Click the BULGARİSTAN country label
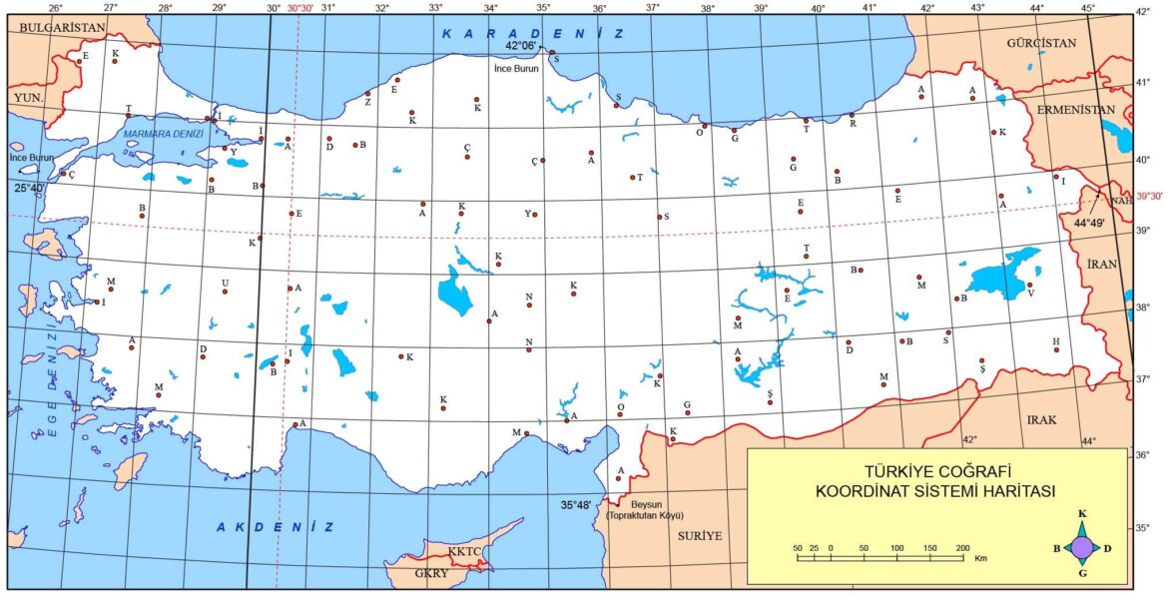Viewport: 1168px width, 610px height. click(61, 29)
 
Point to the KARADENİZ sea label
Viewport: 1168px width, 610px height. click(534, 33)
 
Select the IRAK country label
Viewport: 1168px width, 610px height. click(1041, 420)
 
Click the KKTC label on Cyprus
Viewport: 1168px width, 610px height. click(465, 550)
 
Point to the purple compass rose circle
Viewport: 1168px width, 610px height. click(1081, 547)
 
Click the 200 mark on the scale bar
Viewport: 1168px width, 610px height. click(962, 548)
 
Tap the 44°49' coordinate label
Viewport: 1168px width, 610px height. click(1090, 223)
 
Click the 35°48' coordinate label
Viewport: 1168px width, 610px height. click(576, 505)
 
